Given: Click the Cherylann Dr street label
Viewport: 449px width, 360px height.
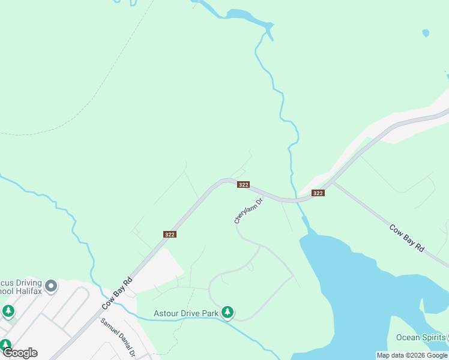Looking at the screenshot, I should (x=249, y=211).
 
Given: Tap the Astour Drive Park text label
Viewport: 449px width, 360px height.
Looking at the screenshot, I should (x=185, y=313).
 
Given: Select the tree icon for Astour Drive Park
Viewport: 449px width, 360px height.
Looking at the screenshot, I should (x=227, y=312).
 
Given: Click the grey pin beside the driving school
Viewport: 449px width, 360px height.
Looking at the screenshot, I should (x=51, y=286).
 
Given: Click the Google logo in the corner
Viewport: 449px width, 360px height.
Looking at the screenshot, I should (x=19, y=352).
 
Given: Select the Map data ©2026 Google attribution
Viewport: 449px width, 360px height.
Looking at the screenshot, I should (x=412, y=355).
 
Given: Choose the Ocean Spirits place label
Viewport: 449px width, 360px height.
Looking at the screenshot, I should (x=420, y=337).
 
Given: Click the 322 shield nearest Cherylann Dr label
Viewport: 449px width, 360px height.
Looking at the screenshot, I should (x=243, y=185).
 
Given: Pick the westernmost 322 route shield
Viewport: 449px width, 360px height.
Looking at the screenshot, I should (x=169, y=235).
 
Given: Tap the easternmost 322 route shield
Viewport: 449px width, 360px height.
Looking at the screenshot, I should (x=318, y=193).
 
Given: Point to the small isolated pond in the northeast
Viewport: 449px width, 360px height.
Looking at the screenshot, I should (x=426, y=33).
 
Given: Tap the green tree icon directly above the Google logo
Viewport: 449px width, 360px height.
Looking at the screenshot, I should (x=5, y=345).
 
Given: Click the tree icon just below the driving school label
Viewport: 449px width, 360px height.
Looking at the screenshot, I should (x=8, y=311).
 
